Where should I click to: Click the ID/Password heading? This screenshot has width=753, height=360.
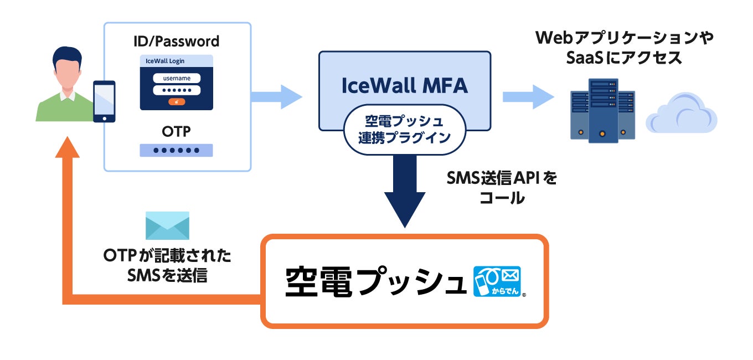point(177,41)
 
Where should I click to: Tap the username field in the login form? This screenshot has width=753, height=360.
point(177,78)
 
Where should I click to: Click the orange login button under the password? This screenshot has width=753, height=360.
point(177,102)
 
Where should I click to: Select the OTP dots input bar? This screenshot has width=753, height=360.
point(177,150)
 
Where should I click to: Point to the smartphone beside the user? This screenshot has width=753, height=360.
point(104,101)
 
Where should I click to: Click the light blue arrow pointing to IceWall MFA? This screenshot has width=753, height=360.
point(277,97)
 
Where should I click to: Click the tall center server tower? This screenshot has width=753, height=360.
point(603,111)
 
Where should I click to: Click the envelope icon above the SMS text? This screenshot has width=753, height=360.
point(167,225)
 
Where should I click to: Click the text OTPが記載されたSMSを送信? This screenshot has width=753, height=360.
point(167,266)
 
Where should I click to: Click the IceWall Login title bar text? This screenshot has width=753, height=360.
point(162,61)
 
